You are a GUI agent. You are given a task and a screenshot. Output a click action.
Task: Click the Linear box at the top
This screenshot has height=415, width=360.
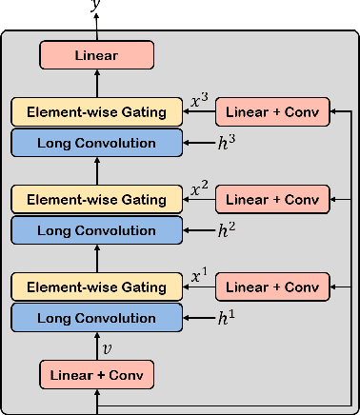(x=96, y=55)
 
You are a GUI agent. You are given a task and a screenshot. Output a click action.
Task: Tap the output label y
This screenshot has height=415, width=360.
(x=95, y=7)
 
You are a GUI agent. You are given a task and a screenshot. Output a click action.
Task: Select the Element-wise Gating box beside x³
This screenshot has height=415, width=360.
(x=96, y=112)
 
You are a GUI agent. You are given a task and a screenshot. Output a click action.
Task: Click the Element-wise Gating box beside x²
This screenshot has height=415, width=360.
(x=96, y=199)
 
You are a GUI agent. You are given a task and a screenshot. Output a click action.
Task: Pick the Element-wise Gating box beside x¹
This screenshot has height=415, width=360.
(x=96, y=287)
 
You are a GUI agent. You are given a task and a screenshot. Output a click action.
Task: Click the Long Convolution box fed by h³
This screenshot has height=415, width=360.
(x=96, y=143)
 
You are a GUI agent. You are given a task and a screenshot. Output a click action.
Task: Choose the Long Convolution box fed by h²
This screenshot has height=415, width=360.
(x=96, y=230)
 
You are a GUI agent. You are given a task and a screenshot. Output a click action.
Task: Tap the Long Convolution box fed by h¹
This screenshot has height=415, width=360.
(x=96, y=318)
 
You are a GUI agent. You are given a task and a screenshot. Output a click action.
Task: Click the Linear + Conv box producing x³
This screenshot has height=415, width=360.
(x=273, y=112)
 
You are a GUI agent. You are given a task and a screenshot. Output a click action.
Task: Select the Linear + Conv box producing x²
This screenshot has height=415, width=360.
(x=273, y=199)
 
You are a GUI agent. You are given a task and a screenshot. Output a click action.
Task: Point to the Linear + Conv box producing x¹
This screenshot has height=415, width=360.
(x=273, y=287)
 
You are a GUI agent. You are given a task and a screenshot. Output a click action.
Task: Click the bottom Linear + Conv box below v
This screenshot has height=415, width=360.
(x=96, y=374)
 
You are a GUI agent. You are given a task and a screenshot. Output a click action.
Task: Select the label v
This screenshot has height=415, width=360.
(x=107, y=347)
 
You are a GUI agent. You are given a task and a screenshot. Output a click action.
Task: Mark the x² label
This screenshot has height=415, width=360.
(x=199, y=188)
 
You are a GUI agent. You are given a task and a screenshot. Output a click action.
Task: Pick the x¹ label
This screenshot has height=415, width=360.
(x=199, y=276)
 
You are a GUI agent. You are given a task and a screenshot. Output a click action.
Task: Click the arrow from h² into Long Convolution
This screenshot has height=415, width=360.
(x=198, y=230)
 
